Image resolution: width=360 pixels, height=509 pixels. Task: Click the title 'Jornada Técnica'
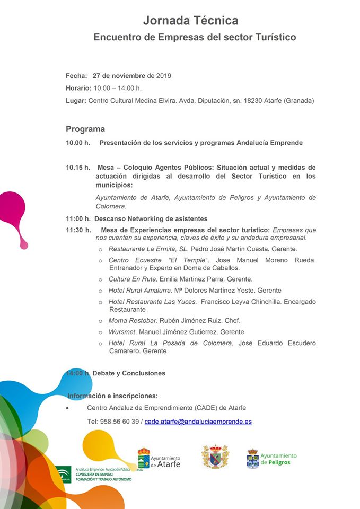190,21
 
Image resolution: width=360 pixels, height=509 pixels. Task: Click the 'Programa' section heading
85,129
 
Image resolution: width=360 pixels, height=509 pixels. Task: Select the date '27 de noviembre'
119,76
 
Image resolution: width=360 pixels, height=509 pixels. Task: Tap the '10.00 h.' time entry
78,143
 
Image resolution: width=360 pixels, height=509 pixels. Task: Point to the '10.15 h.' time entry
78,168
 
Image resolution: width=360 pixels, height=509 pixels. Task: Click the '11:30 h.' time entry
78,230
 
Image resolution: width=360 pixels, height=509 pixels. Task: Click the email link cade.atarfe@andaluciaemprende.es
198,422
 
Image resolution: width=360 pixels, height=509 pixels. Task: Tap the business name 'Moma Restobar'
132,320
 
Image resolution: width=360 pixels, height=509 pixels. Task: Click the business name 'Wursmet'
121,332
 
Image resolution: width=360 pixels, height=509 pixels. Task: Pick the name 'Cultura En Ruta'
133,279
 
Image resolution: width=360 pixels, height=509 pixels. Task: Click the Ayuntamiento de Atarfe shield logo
144,458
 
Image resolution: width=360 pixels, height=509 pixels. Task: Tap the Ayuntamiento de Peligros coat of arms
253,459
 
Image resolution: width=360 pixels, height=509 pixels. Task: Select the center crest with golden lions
215,457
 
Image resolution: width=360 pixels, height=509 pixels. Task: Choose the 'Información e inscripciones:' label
112,396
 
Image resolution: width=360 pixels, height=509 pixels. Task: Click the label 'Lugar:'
76,100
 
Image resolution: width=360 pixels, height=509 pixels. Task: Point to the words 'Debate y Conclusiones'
129,373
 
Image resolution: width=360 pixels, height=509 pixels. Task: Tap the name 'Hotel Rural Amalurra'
140,291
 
